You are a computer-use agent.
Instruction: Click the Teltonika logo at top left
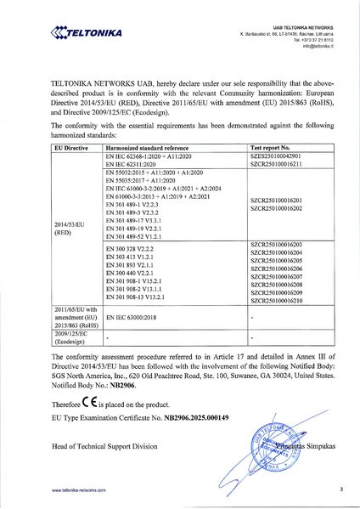tap(86, 33)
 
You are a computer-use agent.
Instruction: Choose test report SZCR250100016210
tap(276, 301)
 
